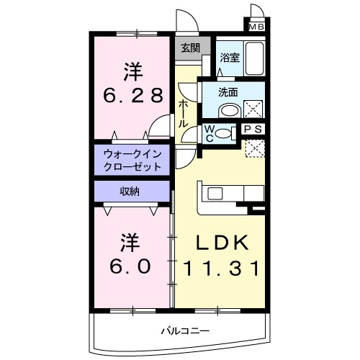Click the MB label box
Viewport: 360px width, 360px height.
click(256, 27)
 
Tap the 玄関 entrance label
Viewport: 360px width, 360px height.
click(190, 50)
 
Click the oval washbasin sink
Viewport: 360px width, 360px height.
click(230, 111)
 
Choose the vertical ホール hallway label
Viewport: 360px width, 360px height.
click(184, 113)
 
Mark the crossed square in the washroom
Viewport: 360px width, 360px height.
click(253, 110)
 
